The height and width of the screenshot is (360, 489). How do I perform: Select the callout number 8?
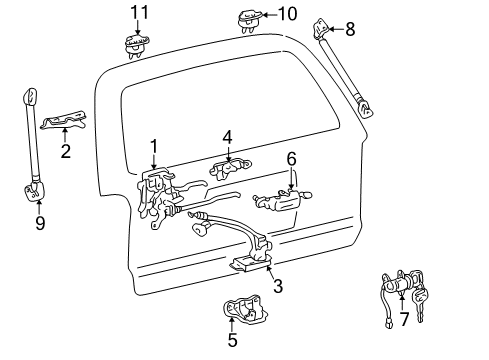pos(350,29)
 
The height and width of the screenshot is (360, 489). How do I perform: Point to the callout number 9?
pos(40,223)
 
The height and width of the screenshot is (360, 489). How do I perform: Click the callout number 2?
pos(65,152)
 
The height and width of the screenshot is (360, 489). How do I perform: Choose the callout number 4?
pos(228,136)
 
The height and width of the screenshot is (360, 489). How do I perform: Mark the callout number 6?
pos(292,158)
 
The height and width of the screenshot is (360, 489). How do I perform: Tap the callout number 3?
pos(278,286)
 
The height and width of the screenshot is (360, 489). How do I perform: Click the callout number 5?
pos(232,340)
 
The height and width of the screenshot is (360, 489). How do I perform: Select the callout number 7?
pos(404,319)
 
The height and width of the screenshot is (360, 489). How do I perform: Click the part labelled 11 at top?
pos(134,43)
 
